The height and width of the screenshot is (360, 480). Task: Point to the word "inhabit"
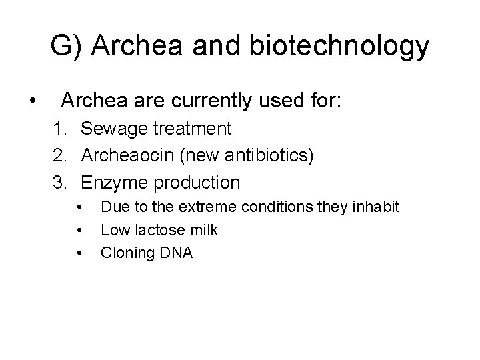point(376,207)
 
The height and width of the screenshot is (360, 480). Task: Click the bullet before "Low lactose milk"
point(79,231)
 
